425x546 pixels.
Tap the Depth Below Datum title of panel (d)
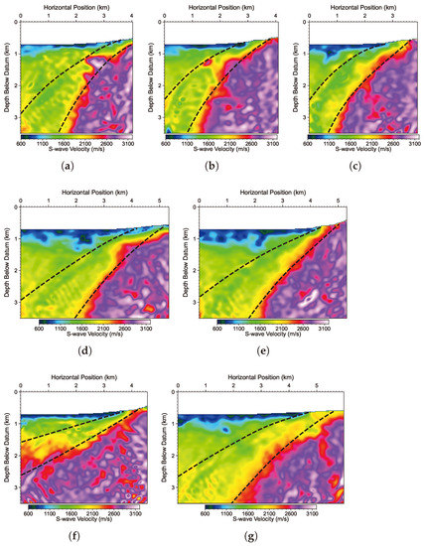point(7,260)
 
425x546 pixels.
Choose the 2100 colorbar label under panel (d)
point(105,330)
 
